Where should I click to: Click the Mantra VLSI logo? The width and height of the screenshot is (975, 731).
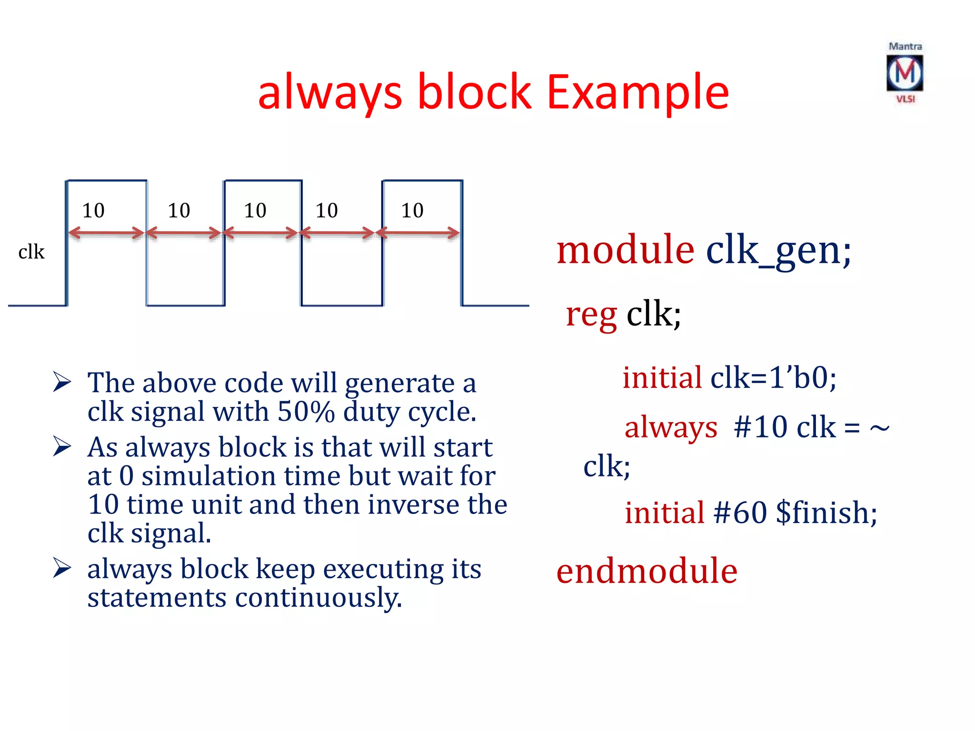(905, 73)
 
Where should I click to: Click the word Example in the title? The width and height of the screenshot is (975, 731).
(637, 92)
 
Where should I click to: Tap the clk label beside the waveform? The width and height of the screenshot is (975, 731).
(31, 252)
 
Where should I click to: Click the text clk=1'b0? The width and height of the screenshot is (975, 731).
(773, 378)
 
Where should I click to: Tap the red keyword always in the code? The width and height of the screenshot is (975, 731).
(670, 427)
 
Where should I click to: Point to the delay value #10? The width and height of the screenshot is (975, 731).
(760, 427)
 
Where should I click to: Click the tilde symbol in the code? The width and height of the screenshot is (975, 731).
(879, 428)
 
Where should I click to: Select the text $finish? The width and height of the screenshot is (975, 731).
(826, 513)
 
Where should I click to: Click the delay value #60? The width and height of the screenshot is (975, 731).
(740, 513)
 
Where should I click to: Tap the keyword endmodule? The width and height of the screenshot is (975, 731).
(647, 571)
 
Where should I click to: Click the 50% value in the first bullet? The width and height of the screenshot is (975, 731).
(306, 412)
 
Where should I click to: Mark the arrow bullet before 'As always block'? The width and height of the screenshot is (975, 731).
(62, 446)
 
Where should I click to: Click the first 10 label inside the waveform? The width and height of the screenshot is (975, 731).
(93, 210)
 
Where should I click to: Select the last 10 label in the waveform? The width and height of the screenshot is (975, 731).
(412, 210)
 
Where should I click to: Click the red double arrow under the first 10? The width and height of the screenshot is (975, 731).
(106, 233)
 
